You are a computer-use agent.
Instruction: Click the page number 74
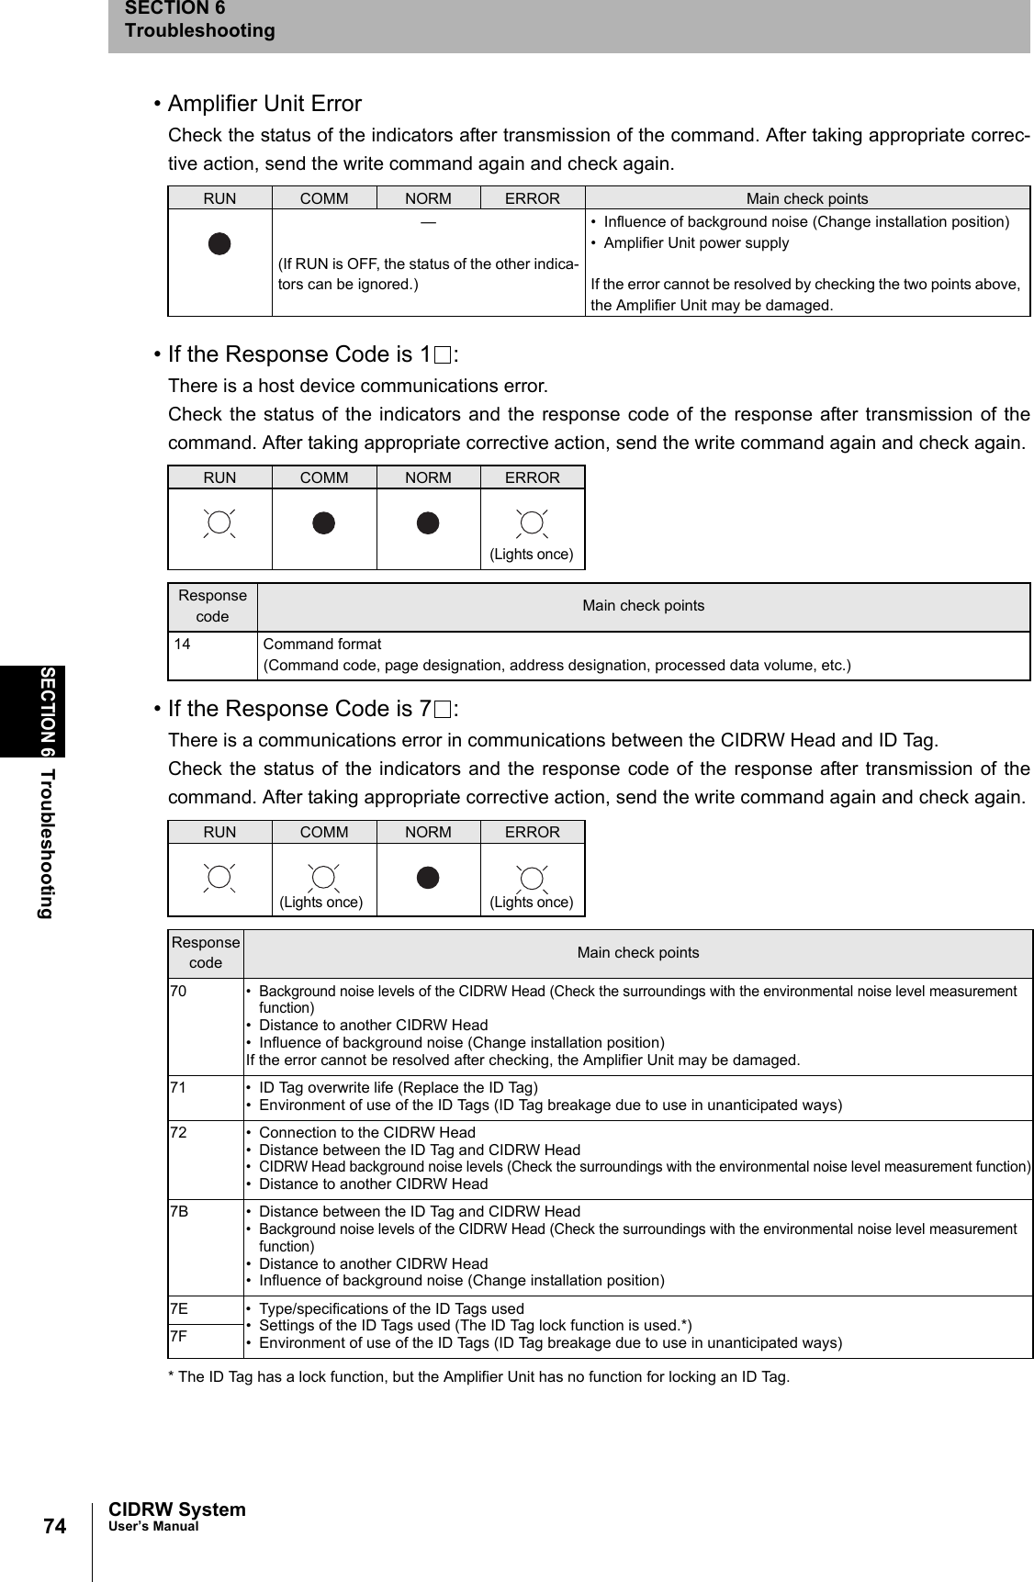(54, 1526)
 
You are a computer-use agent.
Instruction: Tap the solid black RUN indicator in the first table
(219, 244)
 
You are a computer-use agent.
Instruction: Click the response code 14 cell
(183, 645)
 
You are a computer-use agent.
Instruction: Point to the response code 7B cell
(179, 1212)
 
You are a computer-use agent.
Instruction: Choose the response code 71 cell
(178, 1088)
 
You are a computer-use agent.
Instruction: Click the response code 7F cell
(179, 1337)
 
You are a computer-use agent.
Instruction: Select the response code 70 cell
(178, 992)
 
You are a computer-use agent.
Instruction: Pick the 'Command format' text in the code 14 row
(322, 645)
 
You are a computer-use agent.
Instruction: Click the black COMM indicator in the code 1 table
(324, 523)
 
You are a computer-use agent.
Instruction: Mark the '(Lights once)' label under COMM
(321, 903)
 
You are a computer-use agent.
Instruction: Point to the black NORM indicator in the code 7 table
(428, 878)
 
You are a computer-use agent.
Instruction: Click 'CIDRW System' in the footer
(177, 1509)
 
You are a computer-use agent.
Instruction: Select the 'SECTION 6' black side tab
(47, 711)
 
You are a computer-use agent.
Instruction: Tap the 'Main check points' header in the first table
(806, 198)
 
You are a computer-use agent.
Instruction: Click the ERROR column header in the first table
(532, 198)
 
